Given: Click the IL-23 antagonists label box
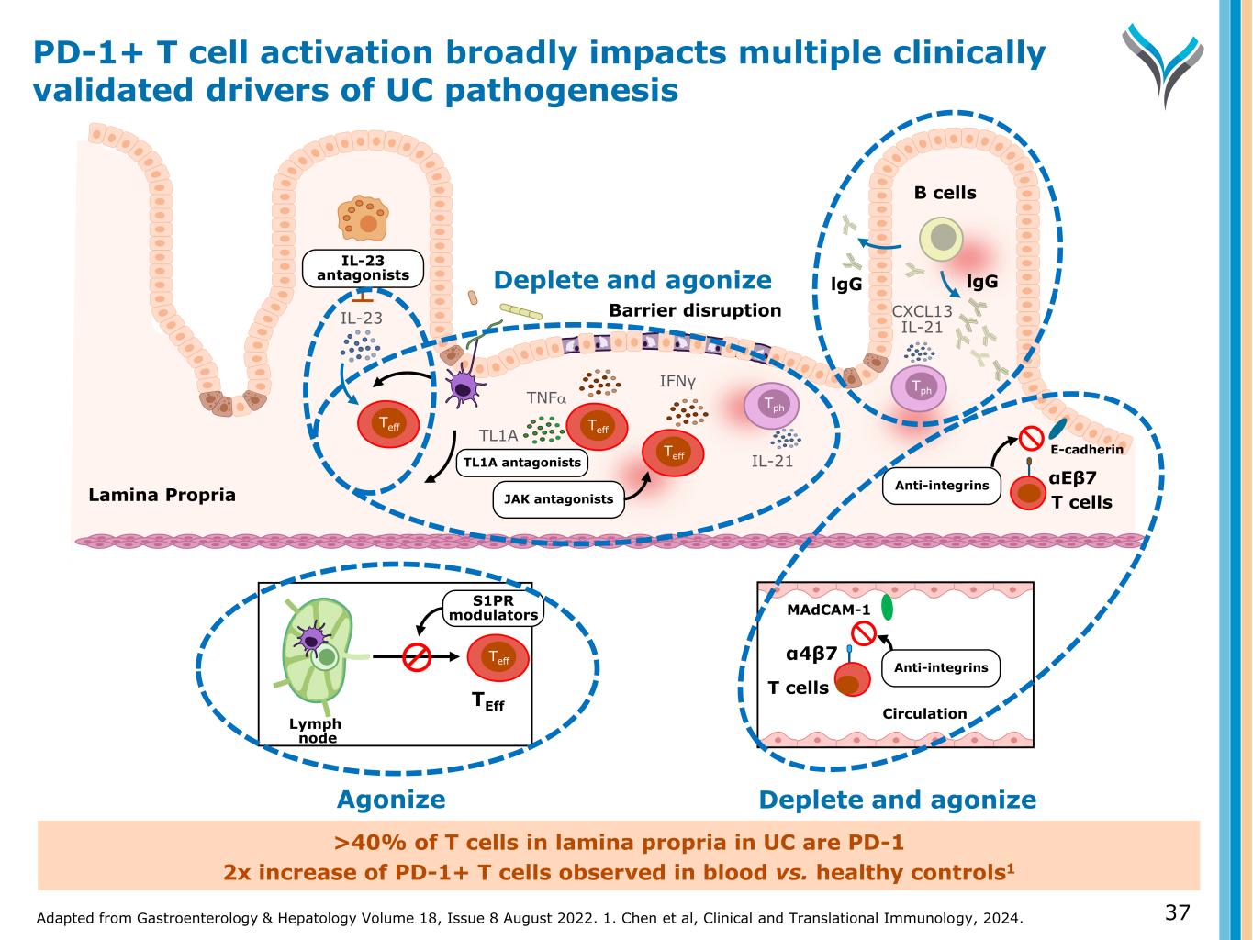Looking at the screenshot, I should tap(356, 267).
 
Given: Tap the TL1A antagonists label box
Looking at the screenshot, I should tap(521, 463).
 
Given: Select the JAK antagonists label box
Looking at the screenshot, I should tap(558, 499).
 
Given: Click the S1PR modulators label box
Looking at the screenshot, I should tap(492, 608).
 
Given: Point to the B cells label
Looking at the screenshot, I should tap(945, 193).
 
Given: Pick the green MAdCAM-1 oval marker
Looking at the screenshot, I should tap(887, 608).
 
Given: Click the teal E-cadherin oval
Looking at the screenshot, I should tap(1058, 428).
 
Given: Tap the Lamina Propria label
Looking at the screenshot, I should tap(162, 496).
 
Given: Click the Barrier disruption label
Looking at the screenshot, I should tap(695, 310).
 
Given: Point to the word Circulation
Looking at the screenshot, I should tap(924, 713).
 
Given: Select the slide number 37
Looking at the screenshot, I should tap(1177, 912).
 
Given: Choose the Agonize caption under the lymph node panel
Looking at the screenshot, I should tap(391, 800).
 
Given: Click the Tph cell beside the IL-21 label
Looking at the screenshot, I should tap(771, 407).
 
